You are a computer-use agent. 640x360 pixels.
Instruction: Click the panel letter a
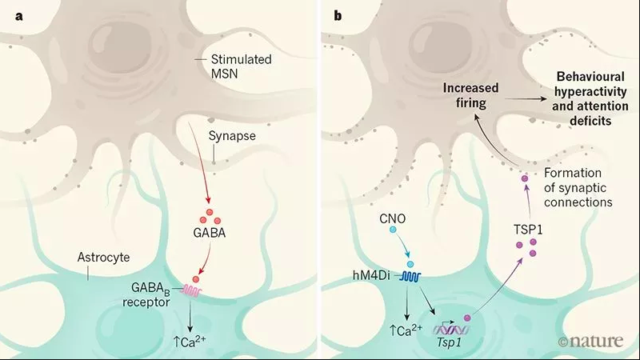pyautogui.click(x=18, y=17)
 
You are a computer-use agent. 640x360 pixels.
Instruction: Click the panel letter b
pyautogui.click(x=338, y=15)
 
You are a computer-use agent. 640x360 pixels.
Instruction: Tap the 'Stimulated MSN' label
pyautogui.click(x=241, y=66)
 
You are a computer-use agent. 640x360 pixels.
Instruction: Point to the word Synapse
pyautogui.click(x=232, y=135)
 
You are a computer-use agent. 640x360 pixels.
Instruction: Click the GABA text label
pyautogui.click(x=210, y=233)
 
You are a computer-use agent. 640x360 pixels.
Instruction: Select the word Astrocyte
pyautogui.click(x=103, y=257)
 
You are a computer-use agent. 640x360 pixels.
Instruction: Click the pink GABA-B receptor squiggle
pyautogui.click(x=191, y=290)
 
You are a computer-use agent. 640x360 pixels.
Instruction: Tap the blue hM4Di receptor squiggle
pyautogui.click(x=410, y=277)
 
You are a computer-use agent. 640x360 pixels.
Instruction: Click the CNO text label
pyautogui.click(x=393, y=218)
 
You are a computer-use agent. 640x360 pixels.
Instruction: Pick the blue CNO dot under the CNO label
pyautogui.click(x=393, y=230)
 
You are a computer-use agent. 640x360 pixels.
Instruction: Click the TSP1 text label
pyautogui.click(x=528, y=230)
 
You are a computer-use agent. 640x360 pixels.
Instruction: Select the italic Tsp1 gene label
pyautogui.click(x=449, y=342)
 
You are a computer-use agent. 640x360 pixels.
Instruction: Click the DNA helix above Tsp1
pyautogui.click(x=451, y=329)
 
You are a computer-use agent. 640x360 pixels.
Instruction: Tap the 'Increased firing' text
pyautogui.click(x=470, y=95)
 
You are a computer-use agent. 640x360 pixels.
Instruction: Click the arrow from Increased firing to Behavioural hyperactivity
pyautogui.click(x=526, y=98)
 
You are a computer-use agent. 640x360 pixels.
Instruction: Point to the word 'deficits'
pyautogui.click(x=590, y=121)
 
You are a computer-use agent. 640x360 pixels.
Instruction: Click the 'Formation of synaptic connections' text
pyautogui.click(x=578, y=187)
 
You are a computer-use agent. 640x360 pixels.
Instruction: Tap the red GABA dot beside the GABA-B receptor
pyautogui.click(x=196, y=279)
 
